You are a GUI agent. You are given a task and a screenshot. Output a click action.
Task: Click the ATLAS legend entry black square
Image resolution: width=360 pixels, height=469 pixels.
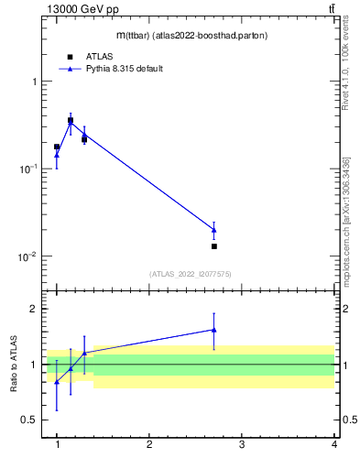point(70,57)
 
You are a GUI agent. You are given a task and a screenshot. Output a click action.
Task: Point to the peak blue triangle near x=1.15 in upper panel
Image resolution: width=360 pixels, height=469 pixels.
point(71,122)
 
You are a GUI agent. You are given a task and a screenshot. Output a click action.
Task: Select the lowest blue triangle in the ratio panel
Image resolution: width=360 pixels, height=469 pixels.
point(57,382)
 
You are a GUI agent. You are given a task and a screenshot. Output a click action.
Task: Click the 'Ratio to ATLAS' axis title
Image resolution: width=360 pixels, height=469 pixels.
point(13,364)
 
